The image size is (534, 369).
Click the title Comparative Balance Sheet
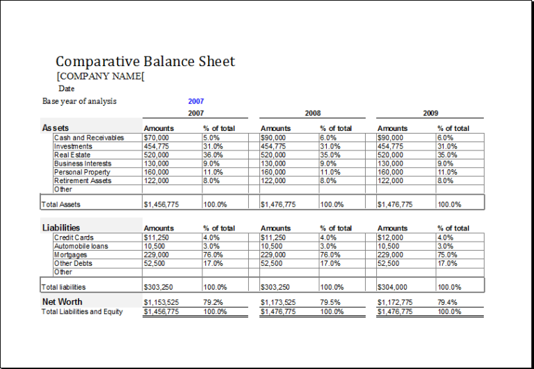click(x=145, y=61)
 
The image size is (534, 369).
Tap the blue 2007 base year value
click(x=195, y=101)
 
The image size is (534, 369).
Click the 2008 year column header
click(x=313, y=113)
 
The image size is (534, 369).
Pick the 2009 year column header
click(x=430, y=113)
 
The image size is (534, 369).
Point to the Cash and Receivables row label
click(x=89, y=138)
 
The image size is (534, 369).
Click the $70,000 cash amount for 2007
click(x=156, y=138)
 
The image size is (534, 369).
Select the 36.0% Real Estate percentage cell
click(x=213, y=155)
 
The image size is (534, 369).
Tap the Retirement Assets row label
click(x=83, y=180)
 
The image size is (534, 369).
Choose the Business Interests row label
click(x=83, y=164)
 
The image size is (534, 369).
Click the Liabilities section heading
click(x=61, y=228)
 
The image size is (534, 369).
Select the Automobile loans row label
click(x=81, y=246)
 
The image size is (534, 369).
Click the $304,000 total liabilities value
click(x=392, y=287)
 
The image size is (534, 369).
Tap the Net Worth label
click(x=62, y=301)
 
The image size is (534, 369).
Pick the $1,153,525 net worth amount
click(x=161, y=302)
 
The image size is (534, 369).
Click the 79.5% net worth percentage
click(x=330, y=302)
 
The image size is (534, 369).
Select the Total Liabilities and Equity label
click(x=82, y=312)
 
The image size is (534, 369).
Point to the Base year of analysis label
click(x=79, y=101)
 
